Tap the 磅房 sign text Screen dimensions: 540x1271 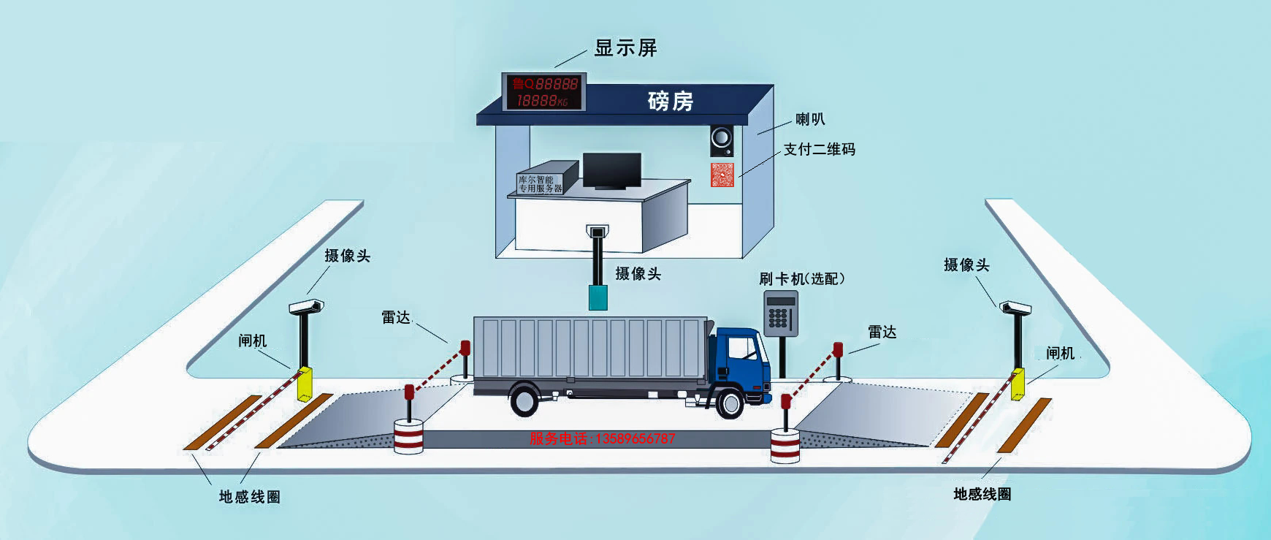tap(670, 100)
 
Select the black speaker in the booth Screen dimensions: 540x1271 tap(722, 140)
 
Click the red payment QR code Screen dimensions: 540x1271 tap(722, 175)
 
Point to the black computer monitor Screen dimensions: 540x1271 tap(611, 172)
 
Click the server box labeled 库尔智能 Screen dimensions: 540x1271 tap(541, 183)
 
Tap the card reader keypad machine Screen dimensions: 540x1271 tap(780, 311)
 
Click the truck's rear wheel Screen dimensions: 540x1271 tap(525, 401)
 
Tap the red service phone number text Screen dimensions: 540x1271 tap(602, 439)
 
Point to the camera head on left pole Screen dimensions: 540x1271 tap(306, 305)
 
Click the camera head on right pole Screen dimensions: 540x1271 tap(1015, 306)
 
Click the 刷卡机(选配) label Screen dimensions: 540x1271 tap(801, 278)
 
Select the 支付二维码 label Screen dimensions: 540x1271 tap(819, 149)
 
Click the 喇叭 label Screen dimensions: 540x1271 tap(810, 119)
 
